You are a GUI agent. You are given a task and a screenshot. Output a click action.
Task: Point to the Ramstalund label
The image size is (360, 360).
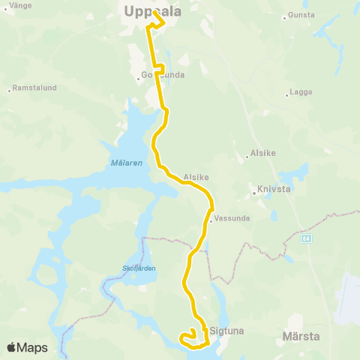36,88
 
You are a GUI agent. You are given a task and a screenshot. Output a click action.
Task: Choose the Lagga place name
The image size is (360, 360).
301,94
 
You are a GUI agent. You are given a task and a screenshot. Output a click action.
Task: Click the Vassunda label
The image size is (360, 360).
229,220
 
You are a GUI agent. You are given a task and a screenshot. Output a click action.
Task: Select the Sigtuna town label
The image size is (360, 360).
229,329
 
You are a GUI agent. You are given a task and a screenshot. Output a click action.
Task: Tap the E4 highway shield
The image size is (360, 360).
306,238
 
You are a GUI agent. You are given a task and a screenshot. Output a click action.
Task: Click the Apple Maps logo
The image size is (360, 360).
27,348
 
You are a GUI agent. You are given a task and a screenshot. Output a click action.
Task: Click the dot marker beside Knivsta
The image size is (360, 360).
255,192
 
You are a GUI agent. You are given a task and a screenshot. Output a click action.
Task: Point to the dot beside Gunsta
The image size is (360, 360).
284,16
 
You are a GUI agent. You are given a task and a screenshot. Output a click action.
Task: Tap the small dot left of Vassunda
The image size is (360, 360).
211,220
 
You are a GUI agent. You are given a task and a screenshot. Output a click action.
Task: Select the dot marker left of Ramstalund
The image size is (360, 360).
9,89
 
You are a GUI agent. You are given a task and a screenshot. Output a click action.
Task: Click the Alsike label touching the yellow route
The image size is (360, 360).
195,178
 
